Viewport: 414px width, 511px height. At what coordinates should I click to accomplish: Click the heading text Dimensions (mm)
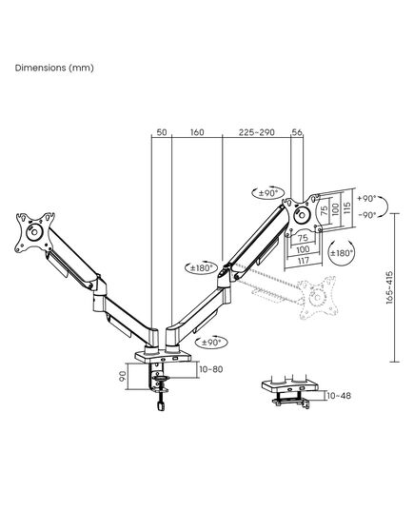[x=54, y=68]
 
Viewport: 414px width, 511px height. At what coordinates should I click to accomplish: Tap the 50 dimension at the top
[x=162, y=132]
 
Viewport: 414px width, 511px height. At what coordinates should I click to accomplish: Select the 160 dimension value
[x=197, y=132]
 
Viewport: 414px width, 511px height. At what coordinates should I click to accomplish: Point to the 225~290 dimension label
[x=257, y=132]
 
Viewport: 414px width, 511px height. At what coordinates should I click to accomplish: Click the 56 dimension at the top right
[x=297, y=132]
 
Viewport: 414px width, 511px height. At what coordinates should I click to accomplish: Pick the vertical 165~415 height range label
[x=389, y=287]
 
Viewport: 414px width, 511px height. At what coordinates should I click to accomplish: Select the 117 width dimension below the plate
[x=303, y=261]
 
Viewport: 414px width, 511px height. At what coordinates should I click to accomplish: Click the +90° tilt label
[x=366, y=198]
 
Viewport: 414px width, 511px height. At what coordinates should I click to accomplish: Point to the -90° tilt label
[x=367, y=215]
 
